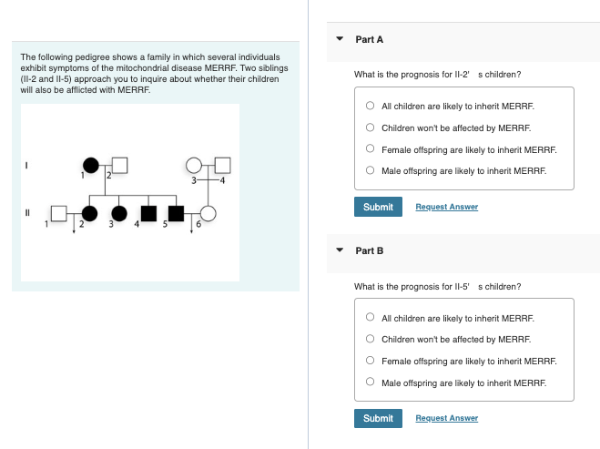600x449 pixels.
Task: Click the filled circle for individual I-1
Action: [90, 165]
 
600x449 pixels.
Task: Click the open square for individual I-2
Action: [120, 165]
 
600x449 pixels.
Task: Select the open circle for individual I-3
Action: [194, 165]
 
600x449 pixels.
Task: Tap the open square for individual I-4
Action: [224, 165]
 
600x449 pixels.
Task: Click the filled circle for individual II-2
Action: [89, 214]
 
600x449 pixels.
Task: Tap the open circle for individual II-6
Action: [208, 214]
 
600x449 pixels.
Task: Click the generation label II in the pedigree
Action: [27, 214]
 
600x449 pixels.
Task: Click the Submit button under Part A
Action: [378, 207]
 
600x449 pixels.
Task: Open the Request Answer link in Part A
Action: [446, 207]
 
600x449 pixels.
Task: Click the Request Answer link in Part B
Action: [446, 418]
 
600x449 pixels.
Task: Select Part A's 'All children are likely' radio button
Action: [371, 106]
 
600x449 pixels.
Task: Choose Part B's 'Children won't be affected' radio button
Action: [371, 339]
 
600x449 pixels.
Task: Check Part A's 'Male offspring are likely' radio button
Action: [371, 170]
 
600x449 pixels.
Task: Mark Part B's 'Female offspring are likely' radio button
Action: [371, 361]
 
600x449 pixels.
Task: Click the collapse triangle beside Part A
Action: [340, 40]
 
